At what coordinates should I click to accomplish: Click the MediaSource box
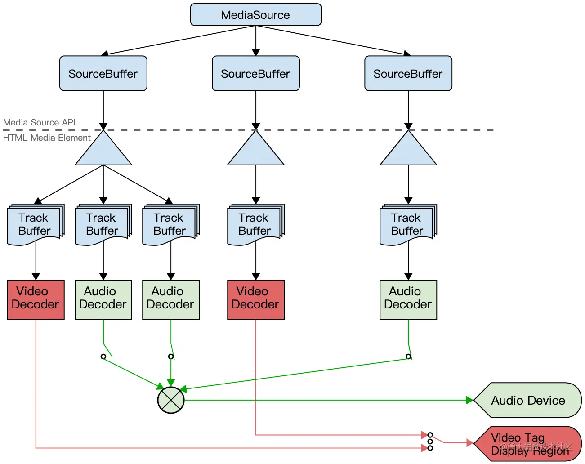click(255, 15)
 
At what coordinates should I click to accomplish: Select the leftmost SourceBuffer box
click(103, 73)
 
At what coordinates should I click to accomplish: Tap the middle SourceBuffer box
click(255, 73)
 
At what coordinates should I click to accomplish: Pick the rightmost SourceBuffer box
click(408, 73)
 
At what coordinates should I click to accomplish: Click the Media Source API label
click(39, 122)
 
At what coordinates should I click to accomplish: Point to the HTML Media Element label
click(47, 138)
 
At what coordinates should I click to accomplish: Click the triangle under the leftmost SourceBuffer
click(103, 148)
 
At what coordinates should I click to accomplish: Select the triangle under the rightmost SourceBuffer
click(408, 148)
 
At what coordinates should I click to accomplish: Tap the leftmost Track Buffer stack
click(36, 224)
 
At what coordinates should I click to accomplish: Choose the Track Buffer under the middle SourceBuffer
click(255, 224)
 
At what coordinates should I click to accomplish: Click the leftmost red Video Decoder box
click(36, 300)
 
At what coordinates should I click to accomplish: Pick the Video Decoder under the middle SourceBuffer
click(255, 300)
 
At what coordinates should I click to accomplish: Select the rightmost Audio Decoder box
click(408, 300)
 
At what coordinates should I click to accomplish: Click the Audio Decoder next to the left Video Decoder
click(103, 300)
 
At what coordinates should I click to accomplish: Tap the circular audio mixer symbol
click(171, 400)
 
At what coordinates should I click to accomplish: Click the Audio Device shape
click(527, 400)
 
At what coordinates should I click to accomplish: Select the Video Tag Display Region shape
click(527, 444)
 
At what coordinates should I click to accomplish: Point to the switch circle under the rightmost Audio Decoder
click(408, 357)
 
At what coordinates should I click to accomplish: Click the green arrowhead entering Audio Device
click(470, 400)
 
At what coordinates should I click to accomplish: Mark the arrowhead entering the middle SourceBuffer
click(255, 53)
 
